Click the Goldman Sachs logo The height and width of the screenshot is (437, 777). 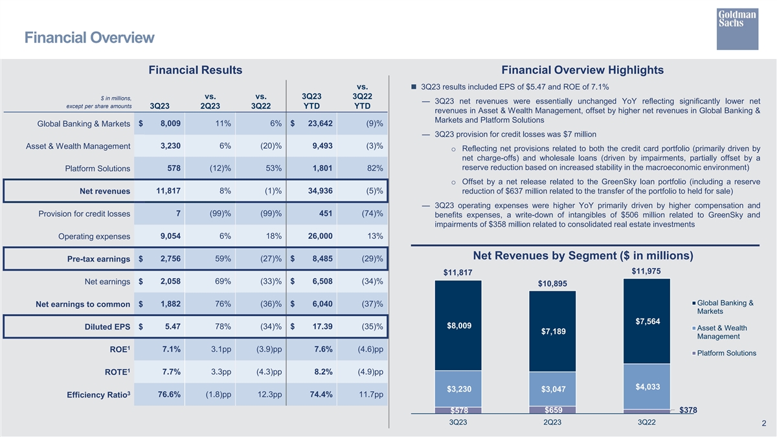pos(738,28)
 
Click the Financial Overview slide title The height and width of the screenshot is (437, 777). pos(89,38)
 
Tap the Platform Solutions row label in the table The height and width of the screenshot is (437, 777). pos(98,169)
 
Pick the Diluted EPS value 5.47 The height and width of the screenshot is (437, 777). pos(168,326)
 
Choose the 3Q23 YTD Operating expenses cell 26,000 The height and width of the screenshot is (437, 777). pos(317,236)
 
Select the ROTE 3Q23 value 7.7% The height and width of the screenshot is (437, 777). pos(167,372)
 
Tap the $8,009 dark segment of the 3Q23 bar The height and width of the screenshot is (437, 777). pos(458,326)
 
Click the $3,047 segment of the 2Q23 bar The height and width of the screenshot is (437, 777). pos(552,388)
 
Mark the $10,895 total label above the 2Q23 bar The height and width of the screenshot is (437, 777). pos(552,284)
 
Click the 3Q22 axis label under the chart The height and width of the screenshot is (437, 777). pos(646,422)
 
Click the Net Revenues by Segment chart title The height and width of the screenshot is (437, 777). pos(583,256)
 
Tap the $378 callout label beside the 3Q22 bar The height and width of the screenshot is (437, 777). pos(688,410)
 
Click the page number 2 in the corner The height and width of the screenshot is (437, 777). pos(764,423)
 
